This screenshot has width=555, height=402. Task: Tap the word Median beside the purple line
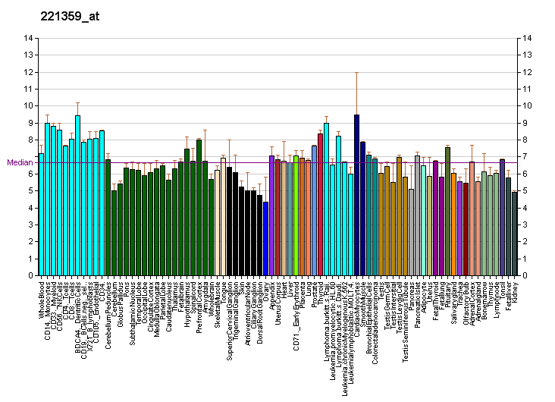pos(17,162)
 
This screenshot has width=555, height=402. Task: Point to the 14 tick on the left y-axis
pos(28,38)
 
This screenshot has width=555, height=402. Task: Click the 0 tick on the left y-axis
pos(28,276)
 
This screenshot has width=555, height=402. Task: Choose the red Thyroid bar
pos(320,205)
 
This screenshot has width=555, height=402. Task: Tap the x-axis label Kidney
pos(515,292)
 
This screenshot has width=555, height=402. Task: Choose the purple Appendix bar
pos(271,216)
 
